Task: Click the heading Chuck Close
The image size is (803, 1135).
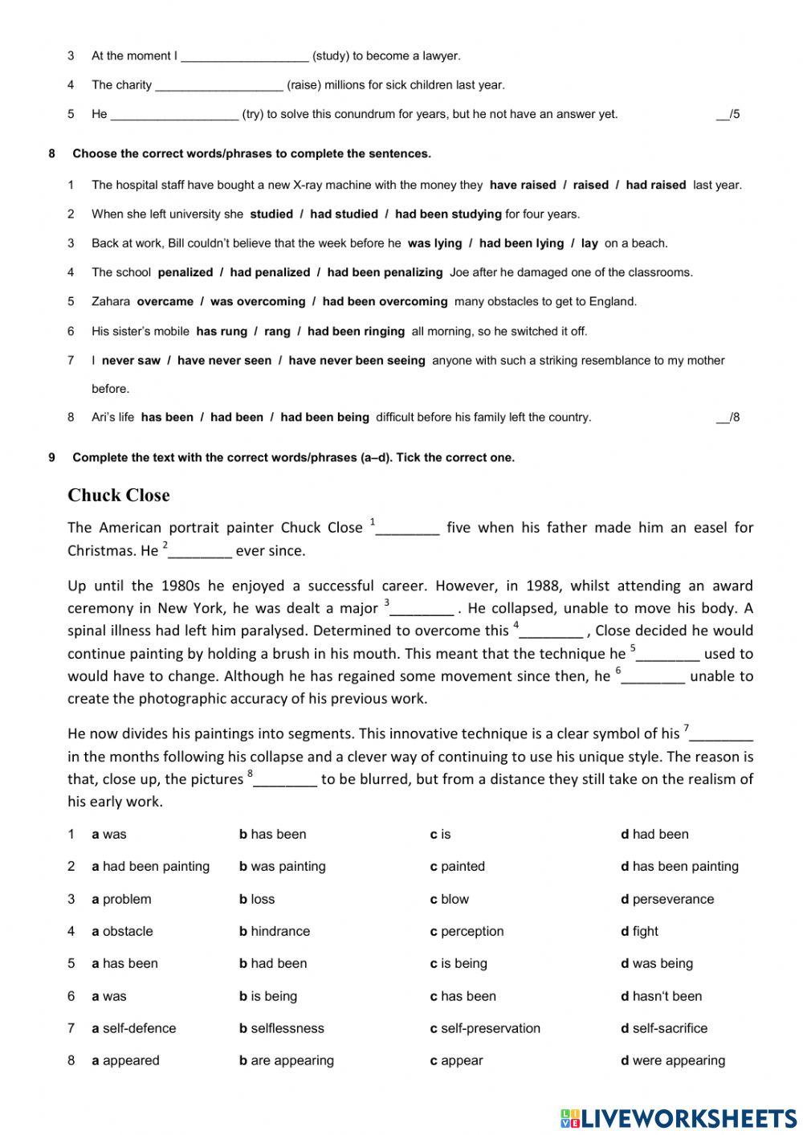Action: point(118,495)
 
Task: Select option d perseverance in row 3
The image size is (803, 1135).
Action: point(666,899)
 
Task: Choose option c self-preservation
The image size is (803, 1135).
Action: point(485,1028)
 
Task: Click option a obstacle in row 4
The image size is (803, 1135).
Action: point(122,931)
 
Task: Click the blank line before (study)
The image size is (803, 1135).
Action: point(245,56)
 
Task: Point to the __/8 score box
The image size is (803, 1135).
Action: point(728,417)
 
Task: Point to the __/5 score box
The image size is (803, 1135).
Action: point(728,114)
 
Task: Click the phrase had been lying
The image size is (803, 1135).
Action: point(521,243)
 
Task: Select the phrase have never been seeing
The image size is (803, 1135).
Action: point(357,361)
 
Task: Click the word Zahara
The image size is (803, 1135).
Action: point(111,302)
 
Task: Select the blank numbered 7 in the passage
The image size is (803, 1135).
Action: point(721,734)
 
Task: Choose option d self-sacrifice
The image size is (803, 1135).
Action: point(663,1028)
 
